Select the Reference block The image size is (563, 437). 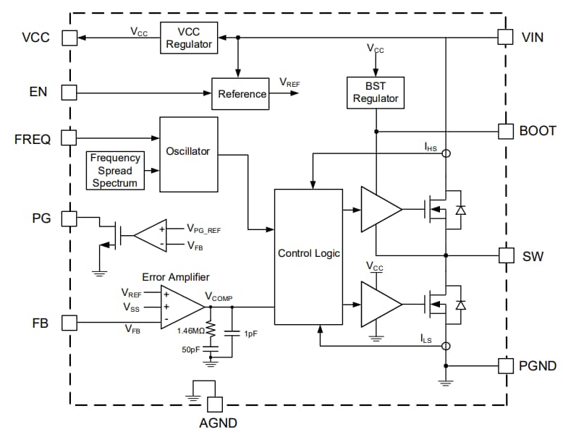[242, 93]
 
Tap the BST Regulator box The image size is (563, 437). [375, 92]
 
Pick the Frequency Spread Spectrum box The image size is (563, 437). [116, 170]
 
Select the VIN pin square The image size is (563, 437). [506, 37]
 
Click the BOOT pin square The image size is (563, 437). [506, 131]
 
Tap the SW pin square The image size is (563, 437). [506, 255]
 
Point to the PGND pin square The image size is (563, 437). [506, 365]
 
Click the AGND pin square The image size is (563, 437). [215, 404]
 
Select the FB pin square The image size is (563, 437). [69, 322]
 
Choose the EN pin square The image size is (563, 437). [69, 93]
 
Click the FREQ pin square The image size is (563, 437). [69, 137]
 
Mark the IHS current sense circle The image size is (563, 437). [446, 153]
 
